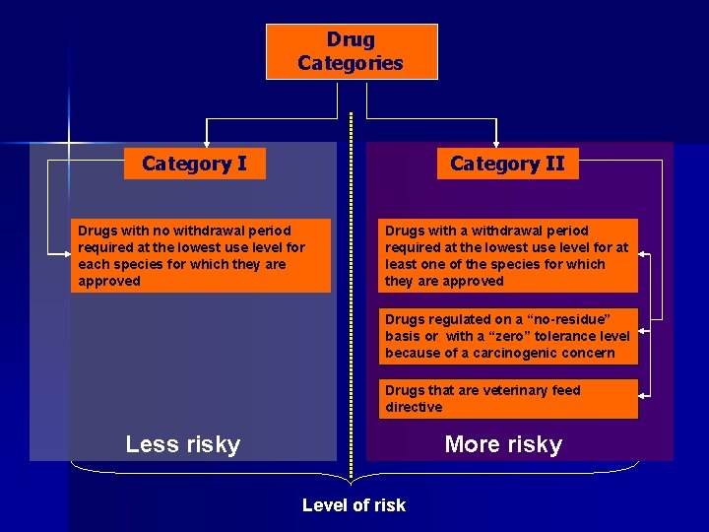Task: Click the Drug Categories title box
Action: point(352,51)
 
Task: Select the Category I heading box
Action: point(194,164)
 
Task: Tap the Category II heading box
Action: point(507,164)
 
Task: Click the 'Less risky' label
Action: point(183,444)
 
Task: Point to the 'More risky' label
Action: point(503,444)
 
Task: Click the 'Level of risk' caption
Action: point(354,505)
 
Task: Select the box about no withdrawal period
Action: point(203,255)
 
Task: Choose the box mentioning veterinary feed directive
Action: point(508,399)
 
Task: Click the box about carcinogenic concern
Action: point(508,336)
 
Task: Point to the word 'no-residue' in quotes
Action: point(567,319)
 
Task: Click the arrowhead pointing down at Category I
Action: point(206,144)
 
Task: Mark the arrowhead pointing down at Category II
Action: point(483,144)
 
